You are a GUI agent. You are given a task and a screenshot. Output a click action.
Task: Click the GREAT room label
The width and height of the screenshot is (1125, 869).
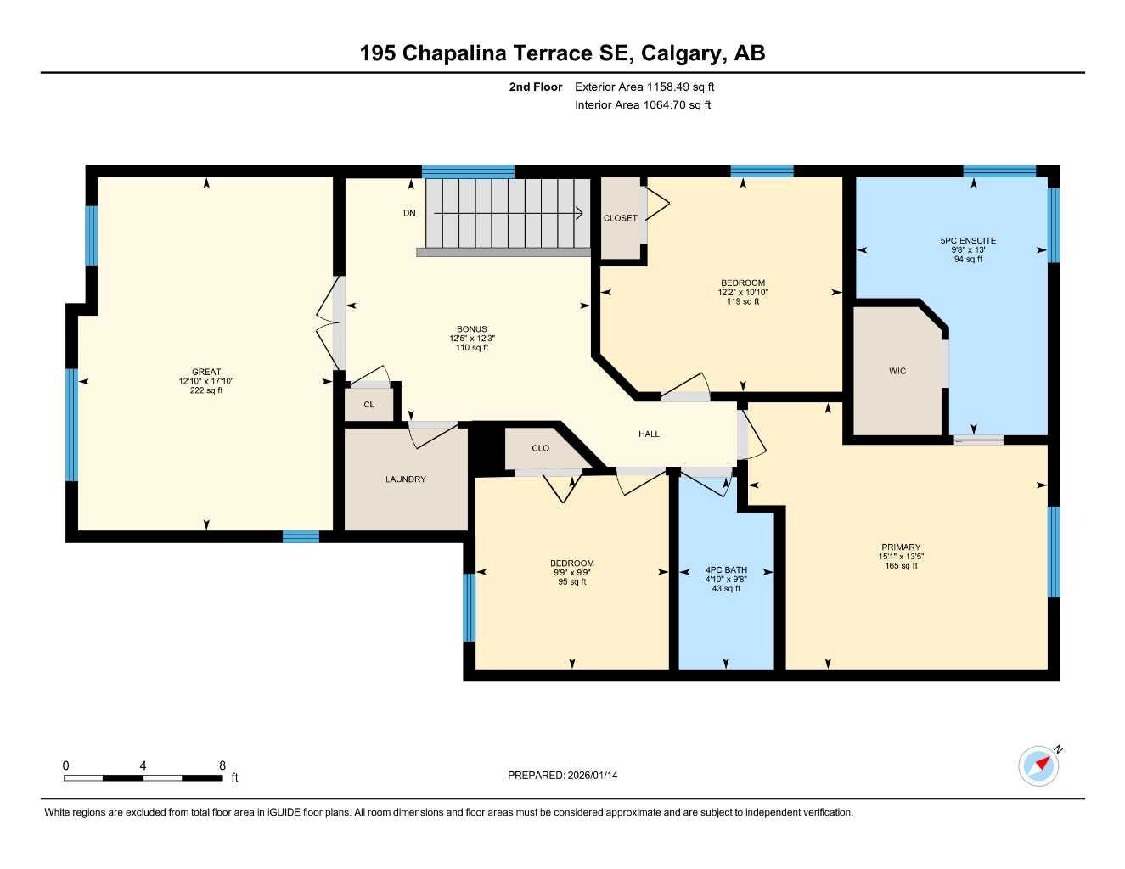click(x=206, y=372)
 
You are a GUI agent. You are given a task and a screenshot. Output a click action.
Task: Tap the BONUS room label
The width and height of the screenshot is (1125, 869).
click(x=472, y=329)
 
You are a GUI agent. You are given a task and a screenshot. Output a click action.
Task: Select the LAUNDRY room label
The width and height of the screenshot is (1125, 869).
click(x=406, y=479)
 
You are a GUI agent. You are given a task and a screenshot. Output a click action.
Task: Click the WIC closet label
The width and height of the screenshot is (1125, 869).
click(x=897, y=371)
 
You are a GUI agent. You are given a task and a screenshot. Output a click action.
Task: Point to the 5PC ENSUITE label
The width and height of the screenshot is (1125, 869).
click(x=968, y=241)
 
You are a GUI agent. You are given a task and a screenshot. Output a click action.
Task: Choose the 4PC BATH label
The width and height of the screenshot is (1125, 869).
click(x=726, y=570)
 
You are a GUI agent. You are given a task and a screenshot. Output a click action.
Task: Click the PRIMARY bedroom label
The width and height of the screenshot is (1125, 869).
click(x=901, y=547)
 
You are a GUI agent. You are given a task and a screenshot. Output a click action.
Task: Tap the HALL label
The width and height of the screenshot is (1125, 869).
click(x=649, y=434)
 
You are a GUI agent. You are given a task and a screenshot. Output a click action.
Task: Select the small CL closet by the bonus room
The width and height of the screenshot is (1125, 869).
click(x=368, y=405)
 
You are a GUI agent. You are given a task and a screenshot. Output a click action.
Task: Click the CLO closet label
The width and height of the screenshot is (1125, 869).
click(x=541, y=448)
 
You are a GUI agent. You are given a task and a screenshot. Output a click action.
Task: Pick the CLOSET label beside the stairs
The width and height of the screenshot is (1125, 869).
click(x=620, y=218)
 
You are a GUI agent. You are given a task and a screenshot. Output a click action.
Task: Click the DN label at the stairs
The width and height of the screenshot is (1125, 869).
click(x=409, y=213)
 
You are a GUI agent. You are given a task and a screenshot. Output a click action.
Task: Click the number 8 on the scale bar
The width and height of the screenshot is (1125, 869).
click(x=222, y=765)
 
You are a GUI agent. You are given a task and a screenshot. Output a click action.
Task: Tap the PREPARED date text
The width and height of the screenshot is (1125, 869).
click(x=562, y=775)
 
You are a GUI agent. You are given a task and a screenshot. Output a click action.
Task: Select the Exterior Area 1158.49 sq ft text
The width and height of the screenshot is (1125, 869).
click(x=644, y=87)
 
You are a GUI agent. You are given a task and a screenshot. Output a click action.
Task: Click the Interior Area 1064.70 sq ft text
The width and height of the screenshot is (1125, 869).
click(x=643, y=105)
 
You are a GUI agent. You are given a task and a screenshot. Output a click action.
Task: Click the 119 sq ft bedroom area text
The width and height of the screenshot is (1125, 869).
click(x=743, y=301)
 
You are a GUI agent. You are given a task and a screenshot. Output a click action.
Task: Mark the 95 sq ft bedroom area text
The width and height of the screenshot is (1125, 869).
click(x=571, y=581)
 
